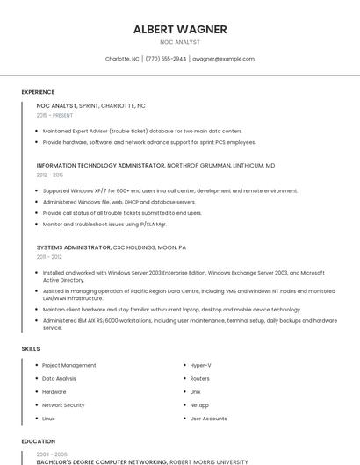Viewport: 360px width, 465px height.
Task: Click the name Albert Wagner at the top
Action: point(180,29)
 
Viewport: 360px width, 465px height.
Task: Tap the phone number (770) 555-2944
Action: point(166,59)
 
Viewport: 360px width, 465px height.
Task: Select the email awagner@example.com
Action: point(223,59)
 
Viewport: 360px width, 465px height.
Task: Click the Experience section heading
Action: point(38,92)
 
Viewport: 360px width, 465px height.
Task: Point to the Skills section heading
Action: point(31,349)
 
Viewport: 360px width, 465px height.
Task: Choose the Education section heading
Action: point(39,441)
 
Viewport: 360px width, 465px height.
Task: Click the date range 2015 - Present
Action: point(54,115)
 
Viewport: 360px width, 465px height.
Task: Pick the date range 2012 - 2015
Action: point(50,175)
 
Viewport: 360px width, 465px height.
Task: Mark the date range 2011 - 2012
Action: point(49,257)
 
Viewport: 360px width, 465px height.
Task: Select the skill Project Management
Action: point(68,365)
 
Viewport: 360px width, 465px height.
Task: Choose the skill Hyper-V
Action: point(201,365)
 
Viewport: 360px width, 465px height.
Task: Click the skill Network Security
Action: point(63,405)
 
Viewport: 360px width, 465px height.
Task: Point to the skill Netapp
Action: point(199,405)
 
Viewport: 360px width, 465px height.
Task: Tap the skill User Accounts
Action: point(208,418)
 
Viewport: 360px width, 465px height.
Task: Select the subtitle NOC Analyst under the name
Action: point(180,42)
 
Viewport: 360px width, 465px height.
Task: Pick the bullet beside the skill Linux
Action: point(35,418)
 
